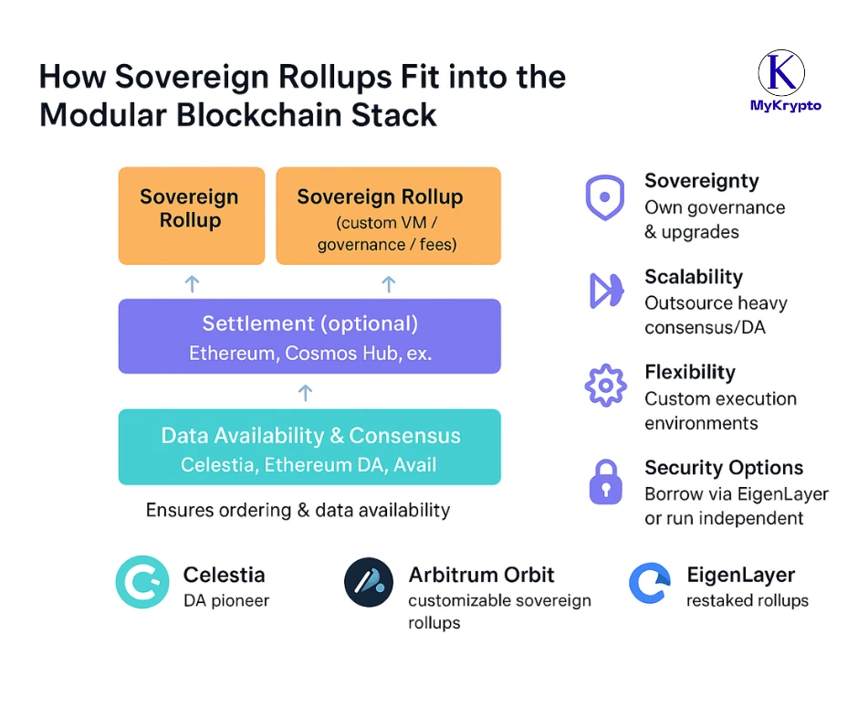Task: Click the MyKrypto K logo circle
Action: (x=781, y=73)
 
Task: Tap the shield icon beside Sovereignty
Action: (x=604, y=198)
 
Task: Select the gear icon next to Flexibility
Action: (x=604, y=386)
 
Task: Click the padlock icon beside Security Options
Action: (x=604, y=482)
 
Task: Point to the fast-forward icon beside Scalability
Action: (x=604, y=291)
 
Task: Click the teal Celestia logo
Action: (x=142, y=582)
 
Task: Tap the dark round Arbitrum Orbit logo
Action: (x=369, y=582)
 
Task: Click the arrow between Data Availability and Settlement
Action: (x=306, y=393)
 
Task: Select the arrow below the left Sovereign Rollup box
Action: (x=192, y=284)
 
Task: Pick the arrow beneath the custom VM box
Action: (x=388, y=284)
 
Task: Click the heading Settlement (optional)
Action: (x=309, y=323)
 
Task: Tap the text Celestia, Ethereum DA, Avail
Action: (x=309, y=465)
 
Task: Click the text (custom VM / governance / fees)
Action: (x=387, y=233)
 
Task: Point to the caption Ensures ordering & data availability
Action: (x=298, y=510)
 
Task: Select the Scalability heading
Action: (x=694, y=277)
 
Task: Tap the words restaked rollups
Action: (x=748, y=600)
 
